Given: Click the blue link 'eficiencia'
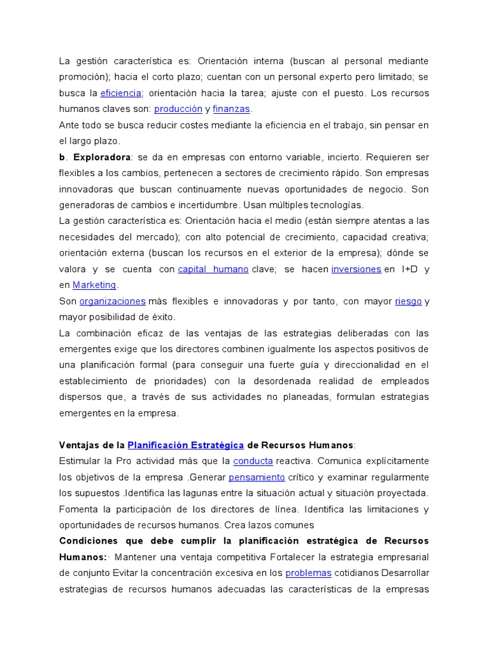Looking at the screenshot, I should coord(121,93).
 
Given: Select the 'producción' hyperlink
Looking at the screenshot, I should coord(178,109).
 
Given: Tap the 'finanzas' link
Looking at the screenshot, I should coord(232,109).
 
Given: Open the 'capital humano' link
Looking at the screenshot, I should coord(213,269).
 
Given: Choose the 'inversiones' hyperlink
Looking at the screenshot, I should coord(356,269).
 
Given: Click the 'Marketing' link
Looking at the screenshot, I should coord(94,285).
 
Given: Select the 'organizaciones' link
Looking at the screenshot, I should coord(113,301).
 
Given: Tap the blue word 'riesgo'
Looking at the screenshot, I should coord(408,301).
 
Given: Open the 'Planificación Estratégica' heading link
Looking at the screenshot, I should coord(186,445).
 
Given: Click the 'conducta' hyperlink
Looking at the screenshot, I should coord(253,461).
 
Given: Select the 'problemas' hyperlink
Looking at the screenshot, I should coord(308,573).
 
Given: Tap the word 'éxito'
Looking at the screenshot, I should coord(161,317).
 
